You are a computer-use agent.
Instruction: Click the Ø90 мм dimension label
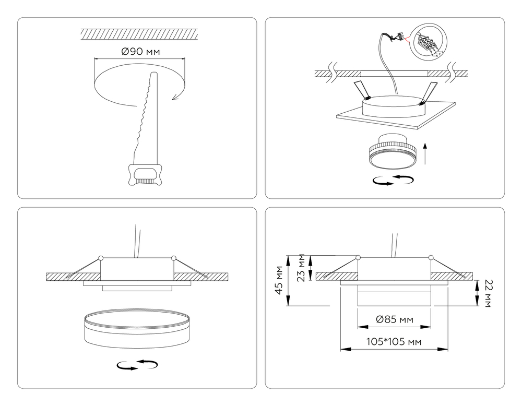(140, 52)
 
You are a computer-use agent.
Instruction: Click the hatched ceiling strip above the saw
(140, 34)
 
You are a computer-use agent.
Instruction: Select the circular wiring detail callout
(429, 42)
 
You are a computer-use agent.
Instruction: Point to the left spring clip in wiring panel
(361, 90)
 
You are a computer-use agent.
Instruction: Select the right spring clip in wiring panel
(429, 92)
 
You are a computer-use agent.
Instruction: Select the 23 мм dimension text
(300, 268)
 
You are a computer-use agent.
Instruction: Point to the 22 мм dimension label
(488, 293)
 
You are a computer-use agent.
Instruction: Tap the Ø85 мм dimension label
(394, 319)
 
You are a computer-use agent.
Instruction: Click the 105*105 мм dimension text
(394, 342)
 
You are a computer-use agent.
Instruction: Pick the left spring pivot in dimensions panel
(358, 257)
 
